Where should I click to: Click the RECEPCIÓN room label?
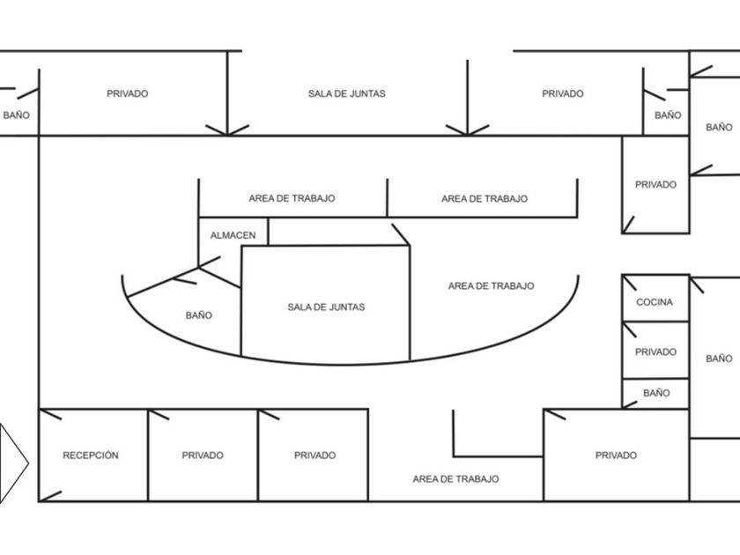pos(91,455)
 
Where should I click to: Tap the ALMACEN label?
pos(233,235)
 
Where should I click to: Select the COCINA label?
pos(655,302)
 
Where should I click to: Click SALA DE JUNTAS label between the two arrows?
pos(346,93)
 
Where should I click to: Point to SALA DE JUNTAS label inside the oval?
pos(326,307)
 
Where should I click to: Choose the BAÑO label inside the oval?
pos(198,315)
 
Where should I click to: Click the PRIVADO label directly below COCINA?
pos(655,351)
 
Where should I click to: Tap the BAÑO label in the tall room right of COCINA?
pos(719,359)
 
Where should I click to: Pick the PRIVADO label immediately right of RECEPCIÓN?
pos(203,455)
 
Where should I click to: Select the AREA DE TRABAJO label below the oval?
pos(455,478)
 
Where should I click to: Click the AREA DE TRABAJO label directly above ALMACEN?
pos(292,198)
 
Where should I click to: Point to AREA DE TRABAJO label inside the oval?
pos(491,285)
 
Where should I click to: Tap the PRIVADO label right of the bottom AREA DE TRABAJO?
pos(616,455)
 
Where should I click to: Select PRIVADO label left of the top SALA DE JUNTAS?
pos(127,93)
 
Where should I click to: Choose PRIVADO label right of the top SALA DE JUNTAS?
pos(562,93)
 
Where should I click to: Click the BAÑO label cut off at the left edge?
pos(16,115)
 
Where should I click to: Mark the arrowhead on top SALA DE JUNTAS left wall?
pos(227,130)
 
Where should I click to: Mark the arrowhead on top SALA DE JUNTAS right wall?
pos(467,130)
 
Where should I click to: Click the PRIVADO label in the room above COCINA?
pos(655,184)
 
